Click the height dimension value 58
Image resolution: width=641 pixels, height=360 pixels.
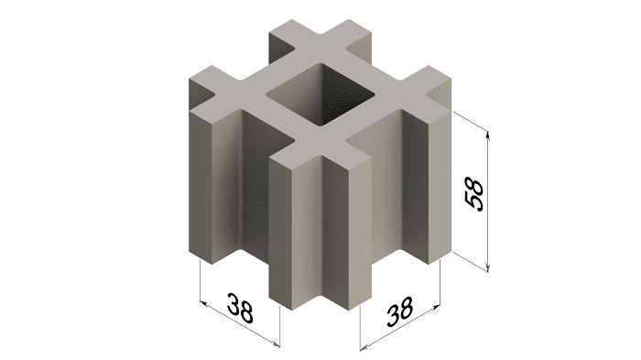(474, 194)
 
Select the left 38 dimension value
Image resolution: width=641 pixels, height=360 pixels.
(240, 307)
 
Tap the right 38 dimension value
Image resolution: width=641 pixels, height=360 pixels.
(400, 311)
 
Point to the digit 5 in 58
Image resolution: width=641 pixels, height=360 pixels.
(474, 203)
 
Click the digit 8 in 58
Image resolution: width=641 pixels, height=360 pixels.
(474, 185)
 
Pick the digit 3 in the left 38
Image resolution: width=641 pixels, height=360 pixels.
(234, 302)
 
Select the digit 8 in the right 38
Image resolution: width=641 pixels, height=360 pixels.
(406, 307)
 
